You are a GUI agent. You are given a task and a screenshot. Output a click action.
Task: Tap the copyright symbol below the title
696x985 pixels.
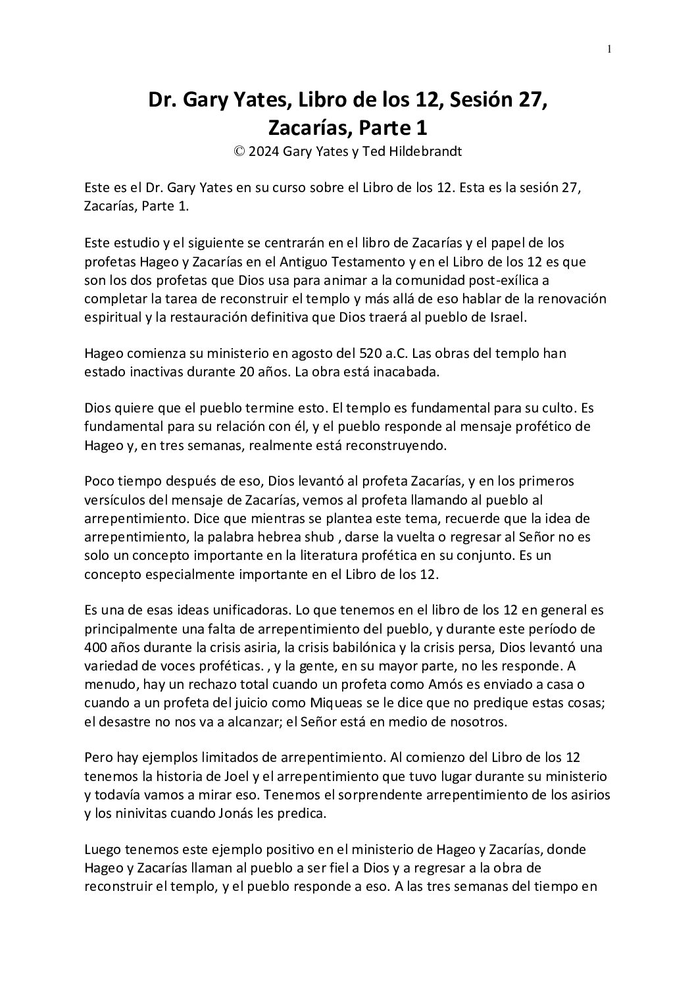click(x=239, y=151)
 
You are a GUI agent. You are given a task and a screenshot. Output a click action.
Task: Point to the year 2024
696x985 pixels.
click(x=264, y=151)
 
